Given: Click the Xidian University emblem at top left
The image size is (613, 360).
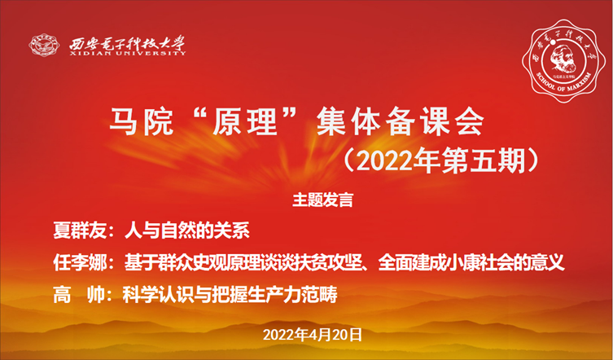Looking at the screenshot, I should coord(44,43).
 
